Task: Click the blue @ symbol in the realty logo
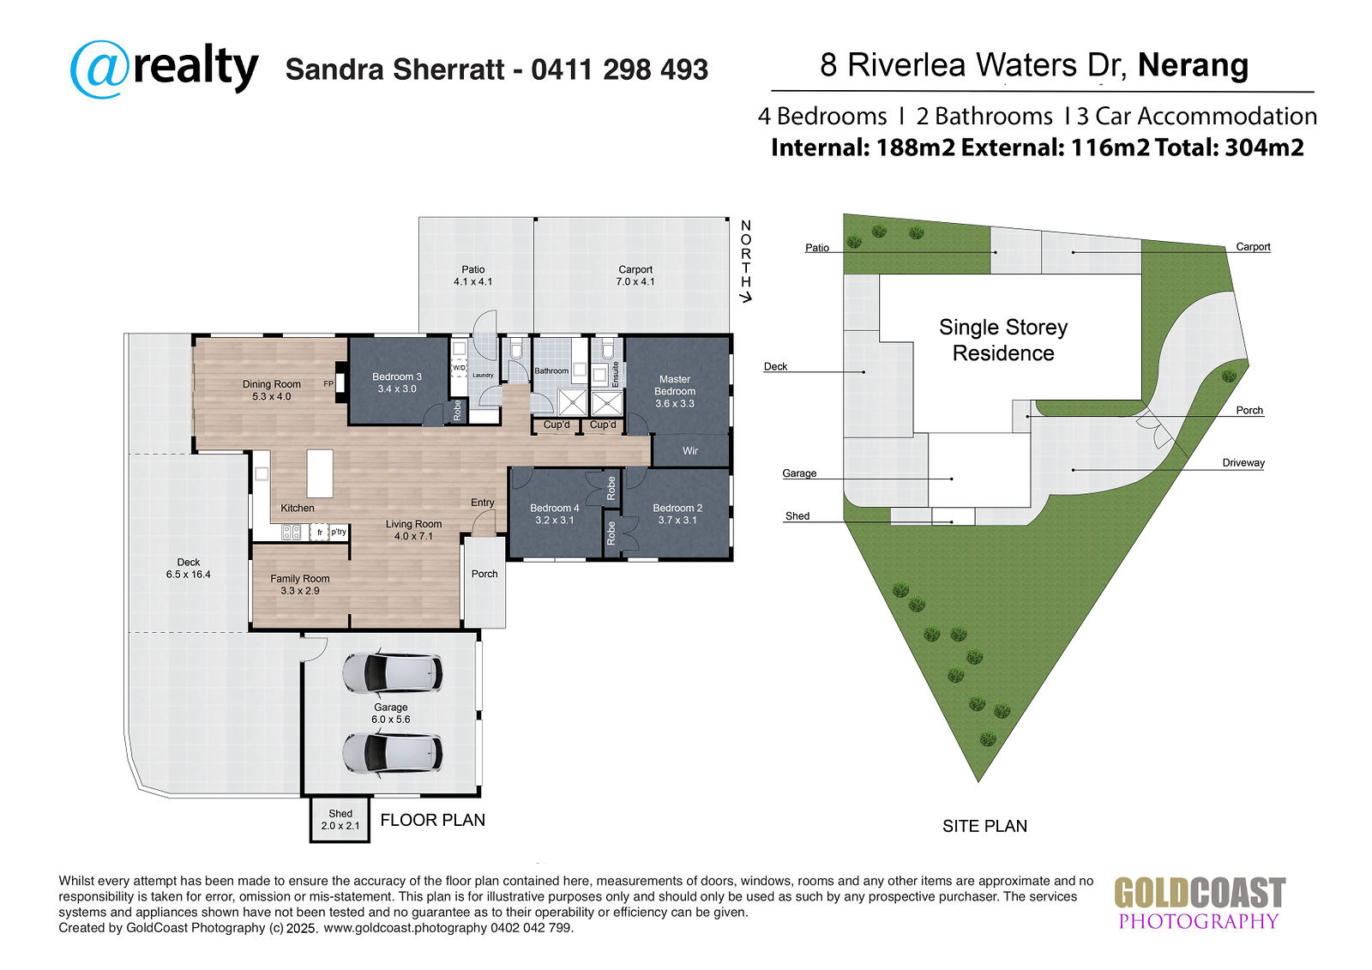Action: [99, 69]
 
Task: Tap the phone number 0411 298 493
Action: [619, 69]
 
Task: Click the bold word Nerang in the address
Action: [1193, 65]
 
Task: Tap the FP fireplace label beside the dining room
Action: [329, 384]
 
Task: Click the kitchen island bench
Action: [320, 473]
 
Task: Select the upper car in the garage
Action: [392, 672]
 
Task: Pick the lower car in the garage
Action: [392, 753]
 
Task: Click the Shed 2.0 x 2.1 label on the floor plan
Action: [340, 819]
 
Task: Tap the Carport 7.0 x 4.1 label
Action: [635, 275]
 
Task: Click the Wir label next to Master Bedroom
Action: [690, 451]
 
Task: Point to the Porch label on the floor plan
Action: [484, 574]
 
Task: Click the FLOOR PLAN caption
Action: [432, 820]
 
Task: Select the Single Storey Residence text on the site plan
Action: [1003, 340]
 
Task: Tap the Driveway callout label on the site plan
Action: [1243, 462]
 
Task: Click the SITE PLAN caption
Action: [985, 826]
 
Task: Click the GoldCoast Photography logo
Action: [1200, 903]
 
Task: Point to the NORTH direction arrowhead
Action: [745, 298]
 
